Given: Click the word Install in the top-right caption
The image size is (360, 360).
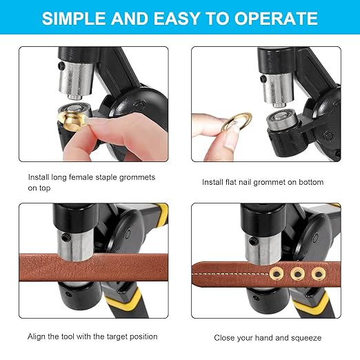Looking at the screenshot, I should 213,182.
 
